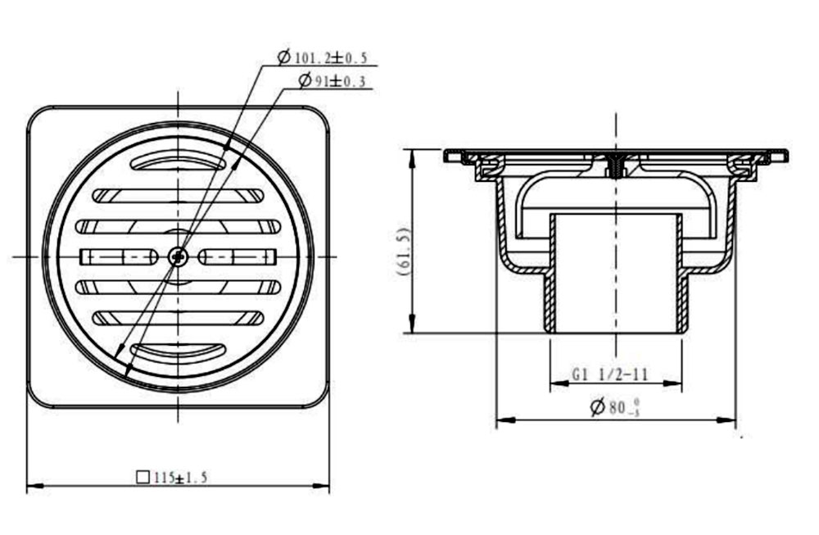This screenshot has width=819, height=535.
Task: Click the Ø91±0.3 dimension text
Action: (x=332, y=80)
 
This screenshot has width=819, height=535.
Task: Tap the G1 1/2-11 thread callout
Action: (x=610, y=374)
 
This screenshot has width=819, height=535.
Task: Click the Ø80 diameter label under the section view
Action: (x=613, y=407)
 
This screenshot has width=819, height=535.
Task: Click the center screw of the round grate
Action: (x=179, y=257)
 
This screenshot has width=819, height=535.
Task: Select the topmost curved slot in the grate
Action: (x=179, y=160)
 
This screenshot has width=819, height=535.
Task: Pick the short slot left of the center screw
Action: (x=119, y=257)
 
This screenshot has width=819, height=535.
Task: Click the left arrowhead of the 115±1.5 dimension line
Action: (x=33, y=487)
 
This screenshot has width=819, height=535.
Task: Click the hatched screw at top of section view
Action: (x=616, y=164)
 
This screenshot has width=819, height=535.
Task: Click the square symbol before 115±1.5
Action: (x=142, y=477)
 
